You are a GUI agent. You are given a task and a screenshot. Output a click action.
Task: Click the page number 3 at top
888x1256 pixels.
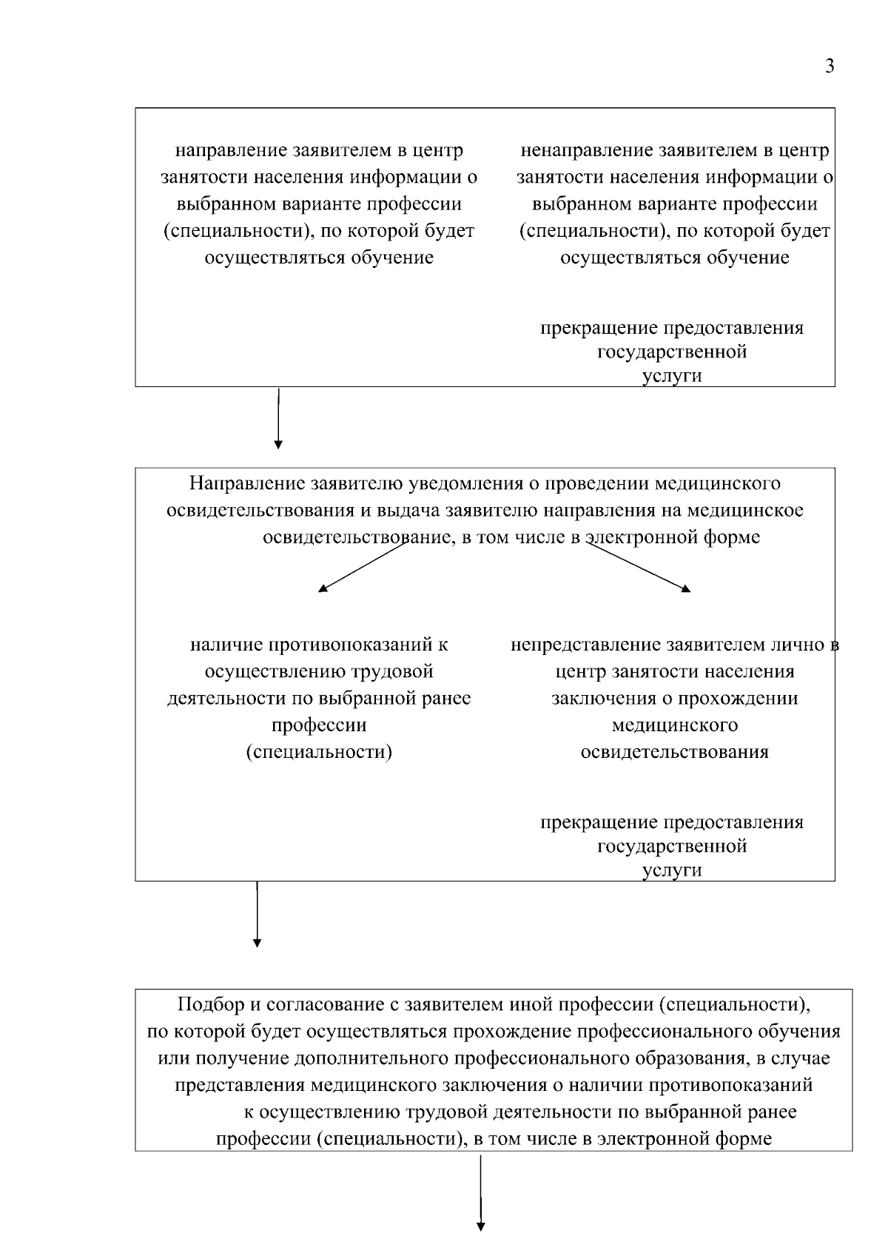pyautogui.click(x=830, y=67)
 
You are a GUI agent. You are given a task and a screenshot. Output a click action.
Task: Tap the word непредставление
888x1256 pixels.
pyautogui.click(x=585, y=645)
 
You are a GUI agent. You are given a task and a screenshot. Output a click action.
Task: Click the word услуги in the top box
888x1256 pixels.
pyautogui.click(x=672, y=376)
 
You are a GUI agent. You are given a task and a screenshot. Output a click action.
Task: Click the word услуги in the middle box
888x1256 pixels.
pyautogui.click(x=672, y=870)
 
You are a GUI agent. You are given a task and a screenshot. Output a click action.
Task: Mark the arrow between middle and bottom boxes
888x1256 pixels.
pyautogui.click(x=257, y=914)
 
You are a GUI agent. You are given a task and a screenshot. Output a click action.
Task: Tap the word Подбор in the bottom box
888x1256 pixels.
pyautogui.click(x=210, y=1005)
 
